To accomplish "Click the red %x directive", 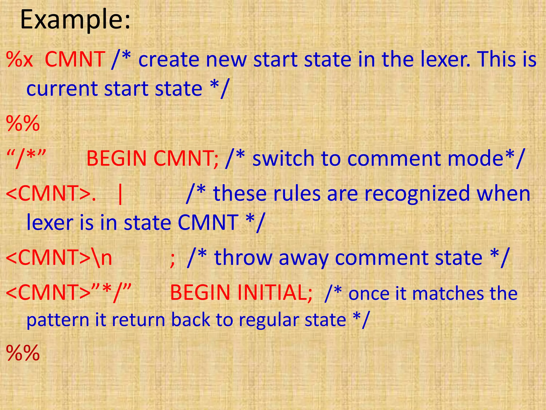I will (19, 59).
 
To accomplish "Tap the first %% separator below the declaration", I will (23, 123).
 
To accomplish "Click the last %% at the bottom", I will (23, 353).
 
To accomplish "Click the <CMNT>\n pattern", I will (59, 258).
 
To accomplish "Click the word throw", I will (243, 258).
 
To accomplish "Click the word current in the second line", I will (62, 89).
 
